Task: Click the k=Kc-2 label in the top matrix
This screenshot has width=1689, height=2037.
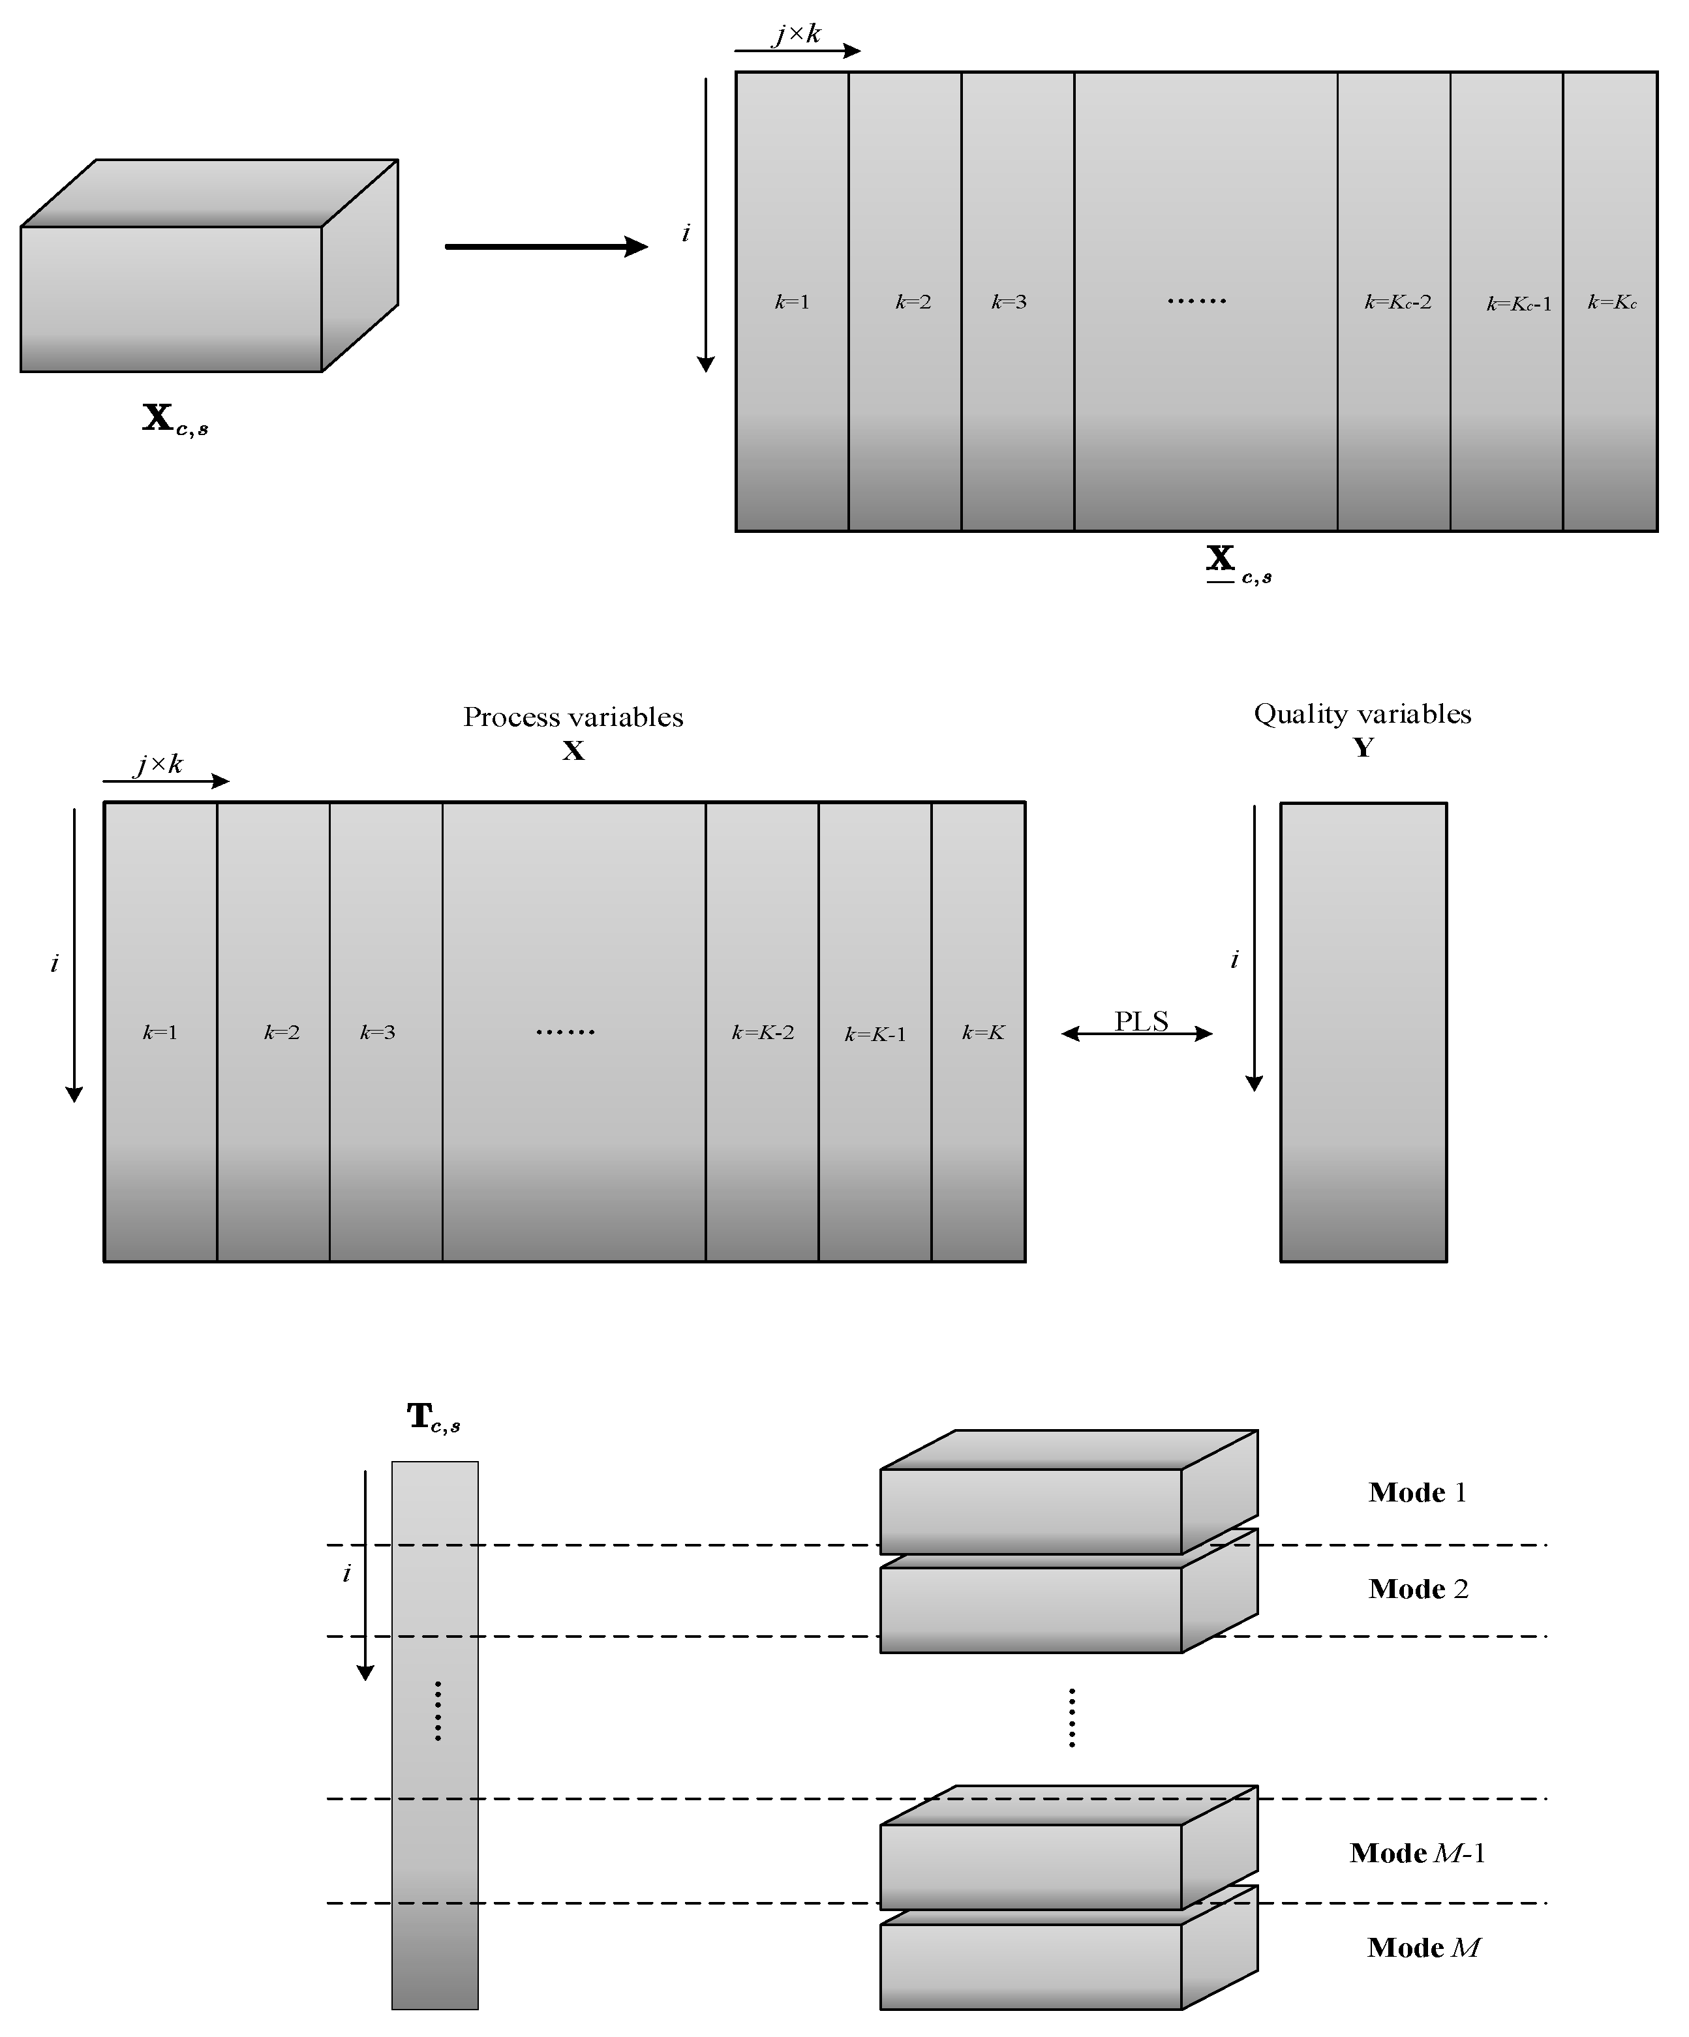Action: point(1397,302)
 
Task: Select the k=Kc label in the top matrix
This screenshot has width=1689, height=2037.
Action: point(1611,302)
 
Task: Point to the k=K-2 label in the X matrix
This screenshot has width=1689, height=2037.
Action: point(763,1032)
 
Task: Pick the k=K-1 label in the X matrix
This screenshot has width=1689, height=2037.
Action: point(875,1034)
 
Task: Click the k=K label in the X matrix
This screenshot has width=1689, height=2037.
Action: point(982,1032)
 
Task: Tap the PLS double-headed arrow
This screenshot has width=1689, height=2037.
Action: point(1137,1033)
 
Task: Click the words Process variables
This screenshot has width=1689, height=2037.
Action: point(572,717)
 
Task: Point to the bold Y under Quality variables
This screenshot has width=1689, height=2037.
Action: point(1363,747)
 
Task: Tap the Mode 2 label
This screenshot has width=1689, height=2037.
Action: point(1418,1588)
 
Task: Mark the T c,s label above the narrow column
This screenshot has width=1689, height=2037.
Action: point(433,1417)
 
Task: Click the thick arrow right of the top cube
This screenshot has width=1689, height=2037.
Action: point(546,247)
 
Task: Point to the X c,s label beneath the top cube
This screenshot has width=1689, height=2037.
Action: point(175,419)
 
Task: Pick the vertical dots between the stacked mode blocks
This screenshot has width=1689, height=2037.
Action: point(1071,1717)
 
